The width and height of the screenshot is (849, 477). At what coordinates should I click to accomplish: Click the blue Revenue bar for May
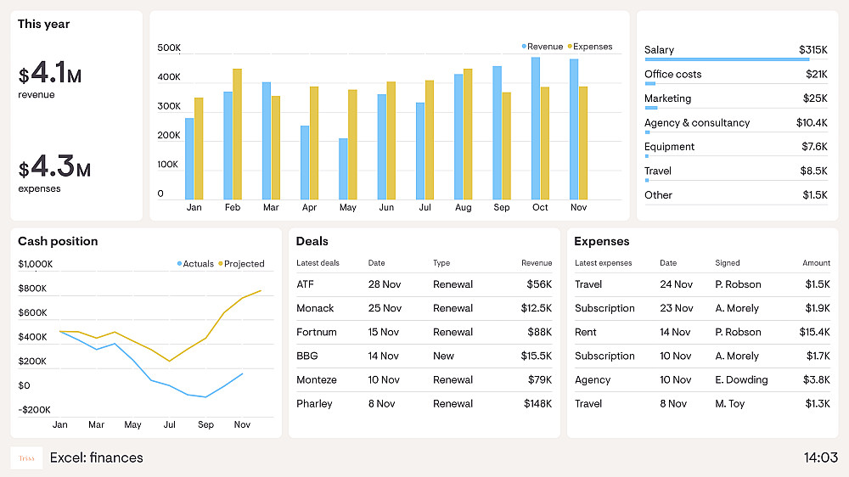[343, 169]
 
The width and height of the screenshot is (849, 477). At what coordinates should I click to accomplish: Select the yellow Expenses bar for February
[237, 134]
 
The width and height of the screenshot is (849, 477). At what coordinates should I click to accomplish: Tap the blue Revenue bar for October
[536, 128]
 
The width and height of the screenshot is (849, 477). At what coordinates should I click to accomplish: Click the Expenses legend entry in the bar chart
[593, 47]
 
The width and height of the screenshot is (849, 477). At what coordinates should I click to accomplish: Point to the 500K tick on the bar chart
[169, 48]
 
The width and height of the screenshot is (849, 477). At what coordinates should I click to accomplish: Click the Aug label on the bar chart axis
[463, 208]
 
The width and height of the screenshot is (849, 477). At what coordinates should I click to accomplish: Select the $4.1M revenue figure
[50, 76]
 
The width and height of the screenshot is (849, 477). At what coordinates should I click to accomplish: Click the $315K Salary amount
[812, 50]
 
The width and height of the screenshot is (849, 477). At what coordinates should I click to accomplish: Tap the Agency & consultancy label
[697, 123]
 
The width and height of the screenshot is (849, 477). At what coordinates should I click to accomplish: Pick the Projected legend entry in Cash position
[244, 264]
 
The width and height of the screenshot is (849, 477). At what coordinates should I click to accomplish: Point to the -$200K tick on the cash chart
[35, 410]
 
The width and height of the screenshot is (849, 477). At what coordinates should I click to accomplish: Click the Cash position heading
[58, 242]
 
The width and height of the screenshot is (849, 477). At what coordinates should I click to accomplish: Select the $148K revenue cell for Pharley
[537, 404]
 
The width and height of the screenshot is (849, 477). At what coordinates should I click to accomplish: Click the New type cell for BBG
[443, 356]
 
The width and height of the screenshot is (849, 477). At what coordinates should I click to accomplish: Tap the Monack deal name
[315, 308]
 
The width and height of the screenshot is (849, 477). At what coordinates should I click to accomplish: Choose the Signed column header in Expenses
[728, 263]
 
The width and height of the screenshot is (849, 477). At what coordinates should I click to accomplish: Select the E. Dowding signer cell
[741, 380]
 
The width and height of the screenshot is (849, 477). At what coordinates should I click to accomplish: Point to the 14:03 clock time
[820, 458]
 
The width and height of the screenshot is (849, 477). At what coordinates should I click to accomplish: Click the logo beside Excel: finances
[26, 458]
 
